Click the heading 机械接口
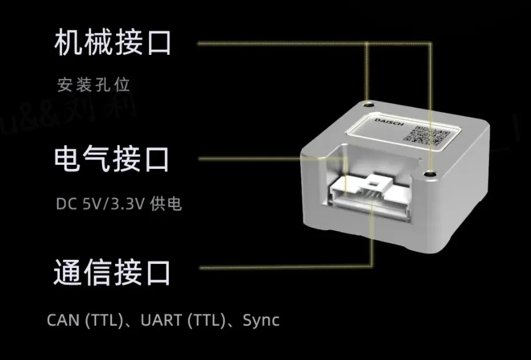(x=112, y=43)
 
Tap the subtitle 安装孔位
(x=94, y=85)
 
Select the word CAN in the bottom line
(x=63, y=320)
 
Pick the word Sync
(x=261, y=320)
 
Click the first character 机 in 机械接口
(x=69, y=43)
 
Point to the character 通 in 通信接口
(x=68, y=273)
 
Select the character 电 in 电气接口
(x=68, y=159)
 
